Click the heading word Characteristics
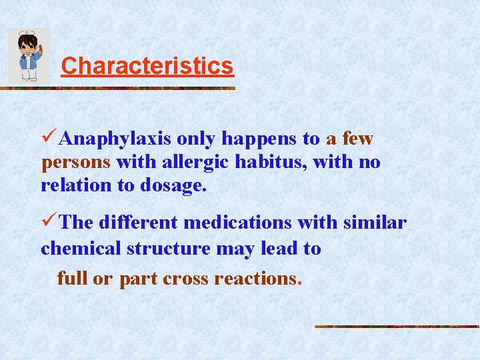147,66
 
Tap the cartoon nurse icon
29,56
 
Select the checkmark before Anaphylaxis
49,138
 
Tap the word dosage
173,186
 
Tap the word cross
187,278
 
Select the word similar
374,223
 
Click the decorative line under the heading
120,87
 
